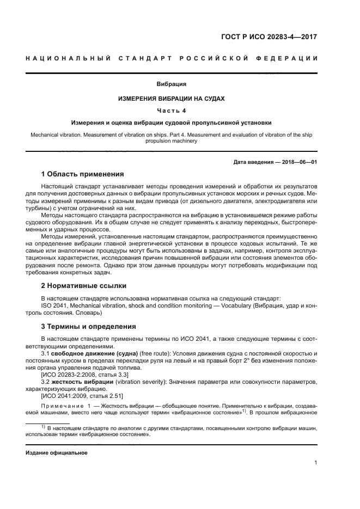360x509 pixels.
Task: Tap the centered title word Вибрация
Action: tap(172, 84)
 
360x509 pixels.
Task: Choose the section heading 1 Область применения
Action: tap(83, 175)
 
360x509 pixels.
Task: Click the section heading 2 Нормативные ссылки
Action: tap(84, 285)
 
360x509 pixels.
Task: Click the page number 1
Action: tap(316, 463)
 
